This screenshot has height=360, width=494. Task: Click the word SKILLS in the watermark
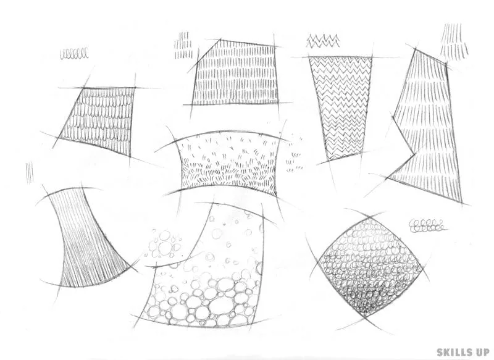coord(453,352)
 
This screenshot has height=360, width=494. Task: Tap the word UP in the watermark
coord(480,352)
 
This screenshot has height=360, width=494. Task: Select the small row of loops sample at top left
coord(74,54)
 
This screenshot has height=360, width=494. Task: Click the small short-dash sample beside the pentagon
coord(183,45)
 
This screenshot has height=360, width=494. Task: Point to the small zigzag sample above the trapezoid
coord(323,41)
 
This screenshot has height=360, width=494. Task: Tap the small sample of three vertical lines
coord(30,172)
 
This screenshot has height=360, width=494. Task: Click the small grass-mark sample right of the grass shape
coord(295,154)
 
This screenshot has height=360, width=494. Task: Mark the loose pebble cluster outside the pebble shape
coord(164,243)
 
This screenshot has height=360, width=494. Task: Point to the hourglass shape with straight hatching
coord(86,237)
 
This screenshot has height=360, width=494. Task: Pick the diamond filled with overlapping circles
coord(369,267)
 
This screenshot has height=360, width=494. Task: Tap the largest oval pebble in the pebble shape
coord(220,305)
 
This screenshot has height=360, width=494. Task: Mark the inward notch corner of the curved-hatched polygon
coord(414,154)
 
